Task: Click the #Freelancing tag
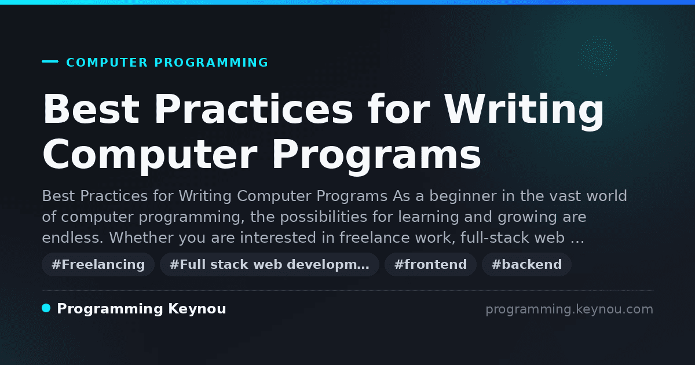pyautogui.click(x=98, y=264)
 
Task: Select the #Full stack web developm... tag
pyautogui.click(x=269, y=264)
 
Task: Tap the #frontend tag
pyautogui.click(x=430, y=264)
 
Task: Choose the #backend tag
pyautogui.click(x=526, y=264)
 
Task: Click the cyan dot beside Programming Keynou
pyautogui.click(x=46, y=308)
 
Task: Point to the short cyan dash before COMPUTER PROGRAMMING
pyautogui.click(x=50, y=61)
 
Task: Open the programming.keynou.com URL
pyautogui.click(x=569, y=309)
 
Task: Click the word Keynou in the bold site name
pyautogui.click(x=197, y=309)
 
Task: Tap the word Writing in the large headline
pyautogui.click(x=524, y=111)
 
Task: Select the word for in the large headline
pyautogui.click(x=398, y=109)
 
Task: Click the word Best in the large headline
pyautogui.click(x=91, y=110)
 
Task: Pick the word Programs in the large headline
pyautogui.click(x=376, y=155)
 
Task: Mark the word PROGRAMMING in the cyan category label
pyautogui.click(x=211, y=63)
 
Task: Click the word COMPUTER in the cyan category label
pyautogui.click(x=107, y=63)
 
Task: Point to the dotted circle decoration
pyautogui.click(x=598, y=56)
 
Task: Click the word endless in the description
pyautogui.click(x=72, y=238)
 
